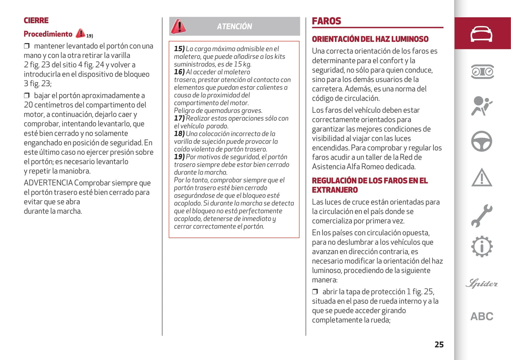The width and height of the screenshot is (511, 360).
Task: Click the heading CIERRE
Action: [x=36, y=20]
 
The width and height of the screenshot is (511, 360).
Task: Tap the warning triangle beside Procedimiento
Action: [x=80, y=33]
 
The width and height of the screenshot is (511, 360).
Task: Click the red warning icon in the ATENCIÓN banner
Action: [x=179, y=26]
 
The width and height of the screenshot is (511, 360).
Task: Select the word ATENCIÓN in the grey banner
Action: [x=234, y=26]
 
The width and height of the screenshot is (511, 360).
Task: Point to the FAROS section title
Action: [x=326, y=21]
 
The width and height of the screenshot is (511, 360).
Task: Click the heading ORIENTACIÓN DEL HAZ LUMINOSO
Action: [x=370, y=39]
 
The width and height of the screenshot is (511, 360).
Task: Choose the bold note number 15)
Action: [x=179, y=49]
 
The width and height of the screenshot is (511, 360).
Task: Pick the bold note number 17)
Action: [x=179, y=118]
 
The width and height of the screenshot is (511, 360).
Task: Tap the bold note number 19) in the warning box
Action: [x=179, y=157]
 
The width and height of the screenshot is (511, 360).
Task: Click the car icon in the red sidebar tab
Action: [x=481, y=34]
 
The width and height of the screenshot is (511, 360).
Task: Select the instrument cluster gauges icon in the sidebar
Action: [x=482, y=72]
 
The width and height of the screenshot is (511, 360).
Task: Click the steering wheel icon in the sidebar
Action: [x=482, y=141]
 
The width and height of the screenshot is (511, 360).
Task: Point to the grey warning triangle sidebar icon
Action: [x=482, y=178]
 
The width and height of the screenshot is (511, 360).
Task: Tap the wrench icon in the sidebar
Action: [x=482, y=216]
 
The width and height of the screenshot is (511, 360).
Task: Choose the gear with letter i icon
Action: [x=482, y=247]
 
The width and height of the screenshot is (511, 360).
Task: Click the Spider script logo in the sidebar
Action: [x=482, y=283]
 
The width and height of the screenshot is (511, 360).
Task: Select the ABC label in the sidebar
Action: [x=482, y=316]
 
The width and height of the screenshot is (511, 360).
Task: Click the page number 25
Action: [x=439, y=344]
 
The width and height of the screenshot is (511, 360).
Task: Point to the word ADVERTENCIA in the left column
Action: [x=48, y=183]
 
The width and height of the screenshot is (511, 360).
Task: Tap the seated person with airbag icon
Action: [x=481, y=106]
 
